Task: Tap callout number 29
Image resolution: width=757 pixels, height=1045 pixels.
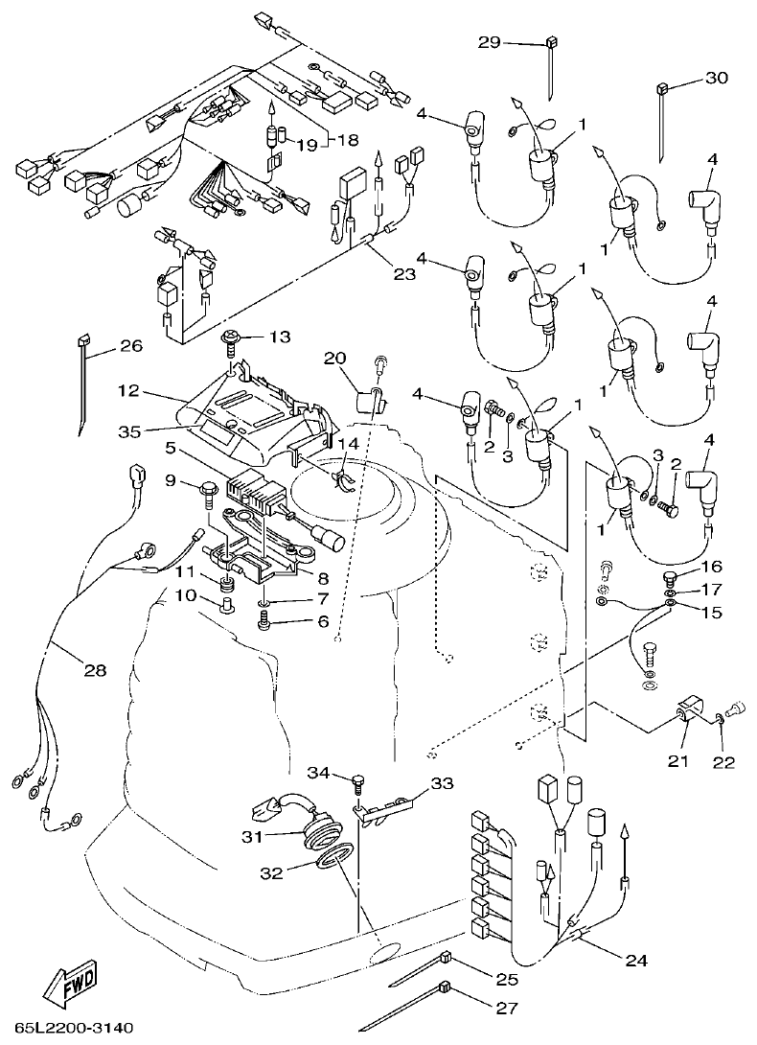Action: tap(491, 42)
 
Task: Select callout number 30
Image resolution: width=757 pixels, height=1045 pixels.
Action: tap(716, 80)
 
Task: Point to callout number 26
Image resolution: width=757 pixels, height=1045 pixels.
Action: tap(130, 346)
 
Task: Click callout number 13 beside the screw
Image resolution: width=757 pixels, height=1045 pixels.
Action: tap(278, 337)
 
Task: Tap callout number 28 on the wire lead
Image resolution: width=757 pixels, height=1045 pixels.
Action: tap(94, 670)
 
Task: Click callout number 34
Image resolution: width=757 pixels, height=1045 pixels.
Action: tap(318, 773)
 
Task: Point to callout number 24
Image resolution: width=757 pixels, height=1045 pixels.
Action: tap(635, 959)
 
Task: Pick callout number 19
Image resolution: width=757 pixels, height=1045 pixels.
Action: tap(306, 145)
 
